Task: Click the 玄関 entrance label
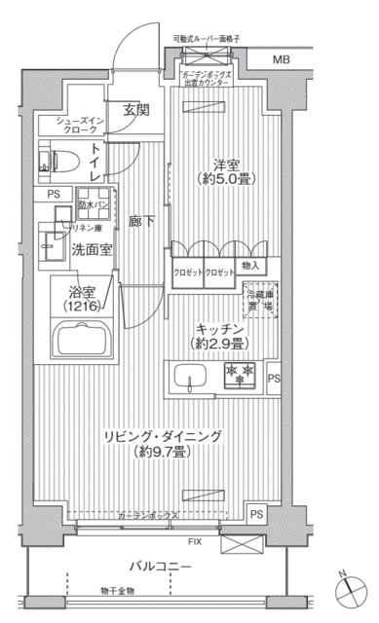tap(135, 111)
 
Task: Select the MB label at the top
tap(281, 60)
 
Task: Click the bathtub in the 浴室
tap(87, 342)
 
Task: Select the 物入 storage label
tap(250, 266)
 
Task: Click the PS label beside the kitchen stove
tap(274, 379)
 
